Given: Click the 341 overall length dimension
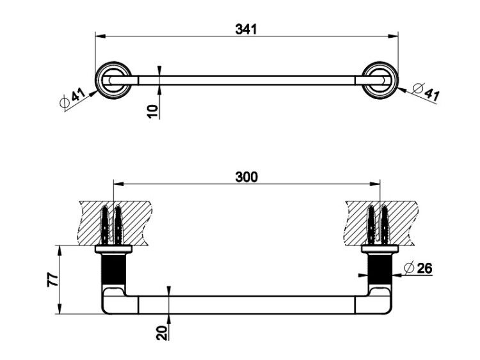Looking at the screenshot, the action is click(246, 29).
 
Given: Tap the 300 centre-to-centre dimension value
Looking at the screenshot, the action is click(246, 177).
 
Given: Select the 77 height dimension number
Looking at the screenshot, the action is click(52, 279).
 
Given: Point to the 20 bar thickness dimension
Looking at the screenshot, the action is click(162, 333).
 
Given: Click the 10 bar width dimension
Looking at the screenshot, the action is click(153, 111).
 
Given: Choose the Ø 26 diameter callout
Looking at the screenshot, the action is click(418, 268).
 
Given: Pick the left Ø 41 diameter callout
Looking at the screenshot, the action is click(72, 98).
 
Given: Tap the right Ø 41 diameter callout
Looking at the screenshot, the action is click(426, 92).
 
